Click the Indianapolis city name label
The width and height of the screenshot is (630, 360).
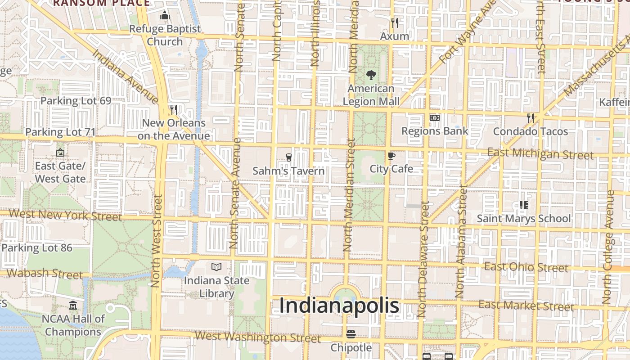(x=339, y=306)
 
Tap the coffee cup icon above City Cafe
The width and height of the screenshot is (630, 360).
(x=391, y=156)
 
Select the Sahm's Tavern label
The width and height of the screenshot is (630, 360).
(x=288, y=171)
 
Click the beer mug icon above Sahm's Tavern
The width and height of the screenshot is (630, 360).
(x=288, y=157)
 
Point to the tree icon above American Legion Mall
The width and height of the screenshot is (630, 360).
(x=371, y=75)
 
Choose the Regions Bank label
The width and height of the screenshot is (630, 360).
(x=435, y=131)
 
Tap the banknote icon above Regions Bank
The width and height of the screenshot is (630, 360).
(x=434, y=118)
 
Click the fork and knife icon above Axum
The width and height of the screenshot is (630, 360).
(x=395, y=23)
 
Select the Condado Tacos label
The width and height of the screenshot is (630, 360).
(x=531, y=131)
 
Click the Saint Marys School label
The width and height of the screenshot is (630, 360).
(x=523, y=219)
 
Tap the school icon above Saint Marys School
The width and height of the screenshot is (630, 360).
(x=523, y=205)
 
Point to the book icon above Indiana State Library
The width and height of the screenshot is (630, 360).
(x=216, y=267)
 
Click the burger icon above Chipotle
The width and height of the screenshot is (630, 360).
(x=351, y=334)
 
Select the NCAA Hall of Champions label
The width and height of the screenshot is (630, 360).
(x=73, y=325)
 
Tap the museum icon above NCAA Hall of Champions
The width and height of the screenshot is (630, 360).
(x=73, y=306)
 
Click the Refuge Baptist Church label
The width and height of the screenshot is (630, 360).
(x=165, y=35)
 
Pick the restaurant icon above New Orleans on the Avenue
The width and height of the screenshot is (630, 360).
(x=173, y=109)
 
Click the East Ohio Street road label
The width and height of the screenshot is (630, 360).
(x=526, y=267)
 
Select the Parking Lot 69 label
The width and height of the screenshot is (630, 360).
(x=76, y=100)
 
